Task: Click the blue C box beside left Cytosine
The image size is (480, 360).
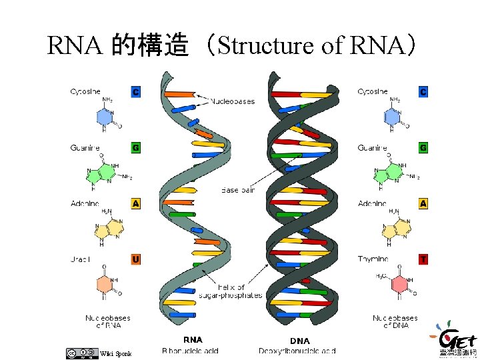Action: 136,92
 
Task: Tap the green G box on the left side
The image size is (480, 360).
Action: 136,147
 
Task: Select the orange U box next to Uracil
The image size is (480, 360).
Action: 136,259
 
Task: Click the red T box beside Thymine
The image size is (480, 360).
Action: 423,259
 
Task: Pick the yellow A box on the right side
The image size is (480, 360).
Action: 423,203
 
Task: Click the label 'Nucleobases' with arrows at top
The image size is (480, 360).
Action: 233,101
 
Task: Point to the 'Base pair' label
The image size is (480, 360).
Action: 239,190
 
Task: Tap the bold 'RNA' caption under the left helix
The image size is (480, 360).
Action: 193,339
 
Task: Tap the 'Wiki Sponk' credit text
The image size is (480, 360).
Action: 111,353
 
